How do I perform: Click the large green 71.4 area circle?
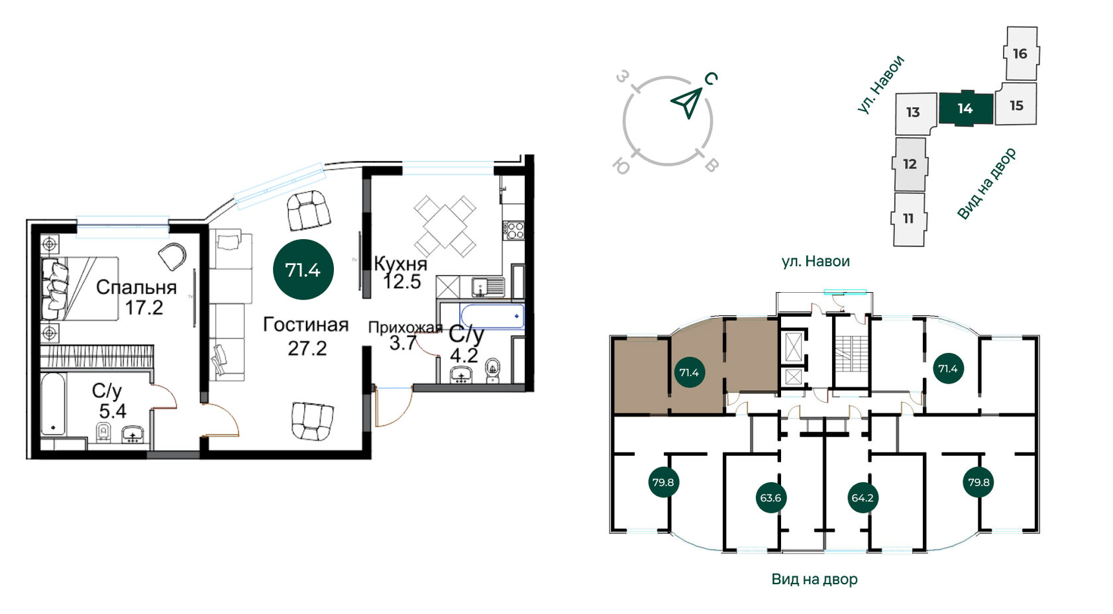303,270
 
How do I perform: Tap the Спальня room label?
136,287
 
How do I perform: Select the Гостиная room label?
305,325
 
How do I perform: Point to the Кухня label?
400,264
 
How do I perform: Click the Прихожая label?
405,327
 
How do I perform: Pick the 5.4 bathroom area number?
113,411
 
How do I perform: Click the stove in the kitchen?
513,230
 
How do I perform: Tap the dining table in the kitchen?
445,226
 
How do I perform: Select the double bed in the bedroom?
79,288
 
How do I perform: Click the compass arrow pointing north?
688,102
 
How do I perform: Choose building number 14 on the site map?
965,109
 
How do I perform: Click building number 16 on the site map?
1020,53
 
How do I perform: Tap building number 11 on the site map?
909,219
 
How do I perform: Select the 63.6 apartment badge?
770,498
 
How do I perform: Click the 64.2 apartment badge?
862,498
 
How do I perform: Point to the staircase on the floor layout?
852,354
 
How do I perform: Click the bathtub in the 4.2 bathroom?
492,316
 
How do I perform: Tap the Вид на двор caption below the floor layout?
814,579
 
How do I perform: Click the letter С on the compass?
711,78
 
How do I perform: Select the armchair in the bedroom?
172,256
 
